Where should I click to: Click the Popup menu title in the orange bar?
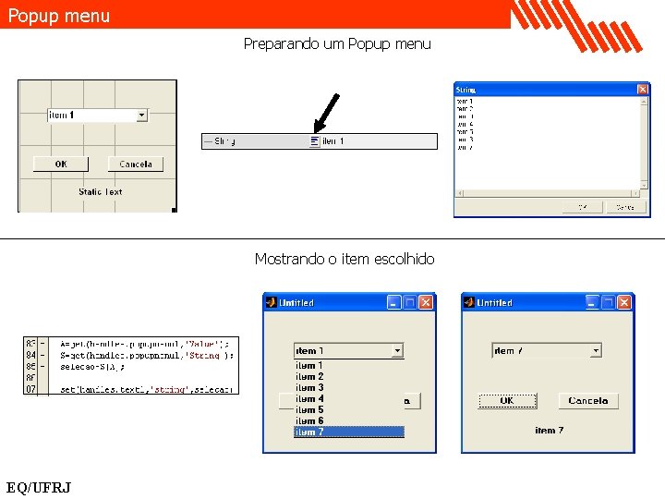pos(59,16)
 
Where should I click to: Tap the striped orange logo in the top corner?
pos(577,24)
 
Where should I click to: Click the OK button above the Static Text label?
pos(61,164)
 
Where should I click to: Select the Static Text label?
pos(100,192)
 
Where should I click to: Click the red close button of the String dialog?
pos(643,90)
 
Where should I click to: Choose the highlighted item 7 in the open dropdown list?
pos(348,432)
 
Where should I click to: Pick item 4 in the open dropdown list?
pos(309,399)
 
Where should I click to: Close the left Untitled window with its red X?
pos(426,302)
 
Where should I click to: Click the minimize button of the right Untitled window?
pos(592,302)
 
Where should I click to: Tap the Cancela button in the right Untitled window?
pos(588,401)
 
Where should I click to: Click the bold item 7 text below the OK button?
pos(549,431)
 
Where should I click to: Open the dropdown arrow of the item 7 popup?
pos(596,350)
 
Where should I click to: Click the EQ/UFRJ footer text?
pos(39,487)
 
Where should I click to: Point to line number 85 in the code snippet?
pos(30,366)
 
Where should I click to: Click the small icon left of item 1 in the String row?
pos(314,141)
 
